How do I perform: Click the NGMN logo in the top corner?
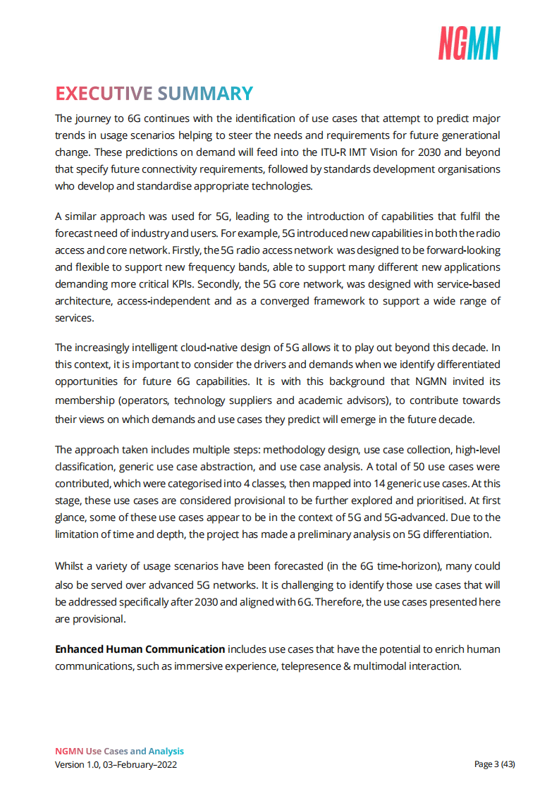469,43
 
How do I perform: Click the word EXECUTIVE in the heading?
104,94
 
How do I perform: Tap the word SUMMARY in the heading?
204,94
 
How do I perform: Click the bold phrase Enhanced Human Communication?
140,649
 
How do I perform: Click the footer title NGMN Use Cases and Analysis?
119,752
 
